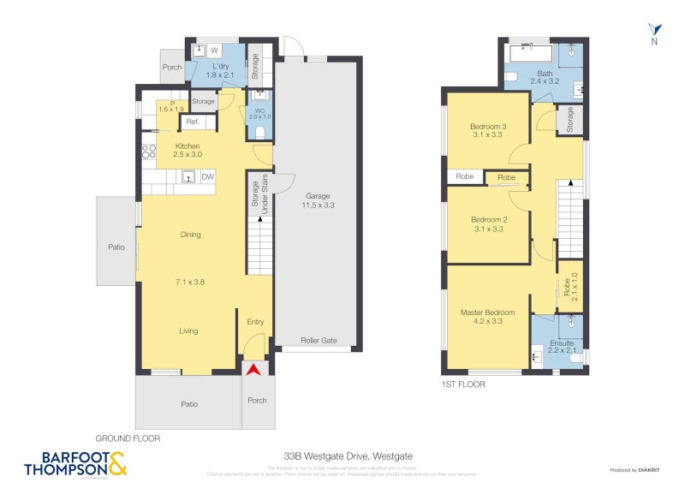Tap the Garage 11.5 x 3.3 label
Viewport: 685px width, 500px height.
(318, 200)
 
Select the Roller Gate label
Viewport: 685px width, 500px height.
(319, 341)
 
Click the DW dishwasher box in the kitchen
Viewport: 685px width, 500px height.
(206, 177)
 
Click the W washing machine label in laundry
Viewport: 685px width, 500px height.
(214, 51)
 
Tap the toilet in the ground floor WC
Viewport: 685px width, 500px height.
(261, 131)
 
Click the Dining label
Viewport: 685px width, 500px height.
(190, 235)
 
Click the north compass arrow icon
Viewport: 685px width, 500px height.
(654, 29)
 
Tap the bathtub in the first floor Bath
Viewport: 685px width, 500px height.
(528, 53)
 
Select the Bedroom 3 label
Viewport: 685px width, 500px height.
(487, 131)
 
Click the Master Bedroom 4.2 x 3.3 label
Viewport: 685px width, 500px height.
(487, 317)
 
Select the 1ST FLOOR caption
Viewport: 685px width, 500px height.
(462, 384)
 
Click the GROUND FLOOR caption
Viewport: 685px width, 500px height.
(128, 437)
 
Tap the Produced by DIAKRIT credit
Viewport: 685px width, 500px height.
(634, 470)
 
